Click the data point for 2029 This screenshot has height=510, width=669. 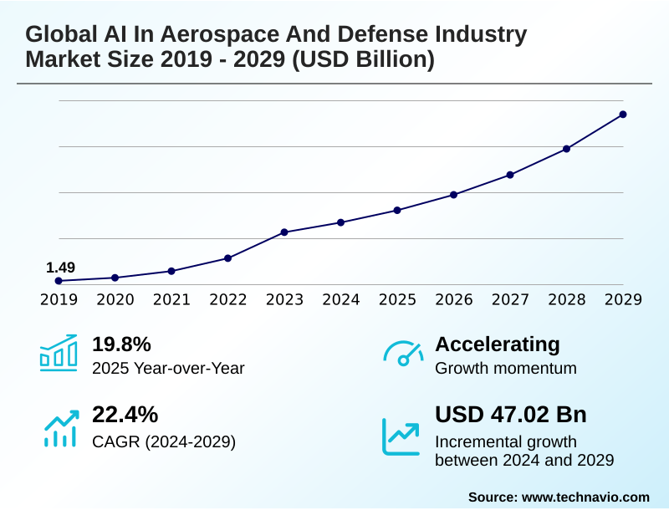(x=623, y=115)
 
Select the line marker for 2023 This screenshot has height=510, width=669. (x=284, y=232)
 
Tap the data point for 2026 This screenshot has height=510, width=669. (x=453, y=195)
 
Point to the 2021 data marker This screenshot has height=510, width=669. (x=171, y=271)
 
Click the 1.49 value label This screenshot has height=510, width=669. (x=60, y=268)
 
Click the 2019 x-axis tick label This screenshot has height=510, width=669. (x=59, y=299)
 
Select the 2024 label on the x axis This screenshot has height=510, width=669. (x=341, y=299)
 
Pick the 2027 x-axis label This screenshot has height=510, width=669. (x=510, y=299)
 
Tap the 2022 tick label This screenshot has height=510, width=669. (x=228, y=299)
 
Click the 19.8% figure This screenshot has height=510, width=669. (x=121, y=344)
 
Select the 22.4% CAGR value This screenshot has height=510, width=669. (x=125, y=415)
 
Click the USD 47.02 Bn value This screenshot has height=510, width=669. (x=511, y=415)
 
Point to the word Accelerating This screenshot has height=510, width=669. (x=498, y=344)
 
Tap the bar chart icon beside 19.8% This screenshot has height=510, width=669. (x=59, y=353)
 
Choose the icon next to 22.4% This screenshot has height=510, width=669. (x=60, y=427)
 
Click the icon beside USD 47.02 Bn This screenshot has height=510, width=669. (x=401, y=436)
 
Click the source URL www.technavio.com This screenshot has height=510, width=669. (x=585, y=497)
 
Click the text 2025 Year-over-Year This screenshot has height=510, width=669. (x=168, y=368)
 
